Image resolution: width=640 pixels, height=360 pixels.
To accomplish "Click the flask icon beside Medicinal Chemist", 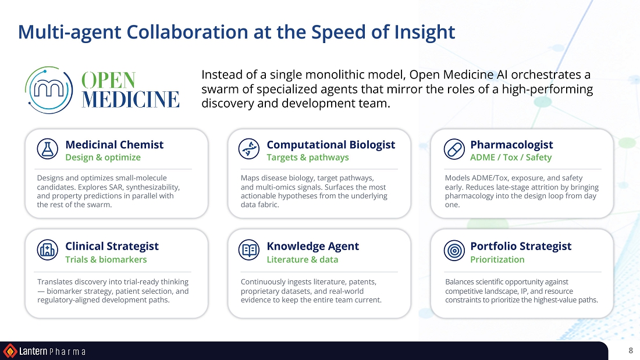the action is click(x=47, y=148).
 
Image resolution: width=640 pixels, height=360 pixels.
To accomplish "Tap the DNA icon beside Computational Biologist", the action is click(x=248, y=148).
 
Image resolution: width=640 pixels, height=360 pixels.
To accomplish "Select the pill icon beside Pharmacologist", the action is click(x=454, y=148).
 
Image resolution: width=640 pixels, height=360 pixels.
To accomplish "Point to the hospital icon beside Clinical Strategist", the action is click(x=47, y=250).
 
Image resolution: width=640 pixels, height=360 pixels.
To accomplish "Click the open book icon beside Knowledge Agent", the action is click(x=248, y=250).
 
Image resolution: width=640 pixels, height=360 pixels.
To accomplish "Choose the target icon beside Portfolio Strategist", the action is click(x=454, y=250).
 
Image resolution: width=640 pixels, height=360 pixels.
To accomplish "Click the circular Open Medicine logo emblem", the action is click(x=48, y=90).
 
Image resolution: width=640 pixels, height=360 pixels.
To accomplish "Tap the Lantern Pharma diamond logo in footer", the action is click(x=10, y=351).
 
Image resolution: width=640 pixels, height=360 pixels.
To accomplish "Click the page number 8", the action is click(x=631, y=351).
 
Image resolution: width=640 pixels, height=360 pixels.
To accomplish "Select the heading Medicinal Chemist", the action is click(x=114, y=144).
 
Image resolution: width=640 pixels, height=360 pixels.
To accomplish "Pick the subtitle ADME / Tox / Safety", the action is click(x=511, y=158).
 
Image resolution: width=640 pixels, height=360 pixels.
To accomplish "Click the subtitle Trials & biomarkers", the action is click(x=106, y=259).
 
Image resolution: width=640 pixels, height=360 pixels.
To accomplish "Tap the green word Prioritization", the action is click(x=497, y=259).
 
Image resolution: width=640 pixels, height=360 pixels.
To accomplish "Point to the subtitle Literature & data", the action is click(x=303, y=259).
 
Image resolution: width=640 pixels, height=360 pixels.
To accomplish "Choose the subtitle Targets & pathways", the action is click(x=308, y=158).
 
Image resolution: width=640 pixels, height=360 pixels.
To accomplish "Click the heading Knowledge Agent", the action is click(x=312, y=247).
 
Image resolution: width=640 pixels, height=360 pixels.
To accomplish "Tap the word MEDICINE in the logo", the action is click(x=130, y=99).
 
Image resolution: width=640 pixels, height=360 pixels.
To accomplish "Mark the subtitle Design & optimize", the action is click(x=103, y=158).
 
